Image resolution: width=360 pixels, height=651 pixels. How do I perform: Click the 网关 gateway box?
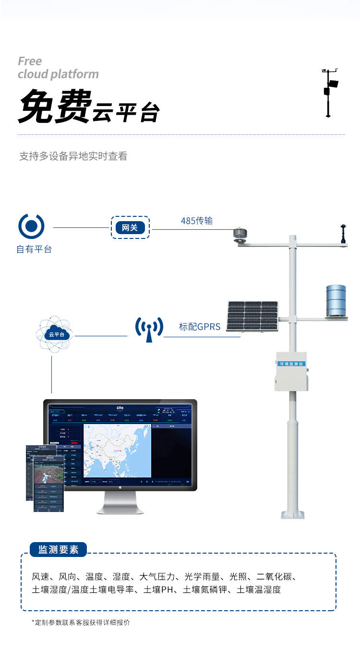point(130,227)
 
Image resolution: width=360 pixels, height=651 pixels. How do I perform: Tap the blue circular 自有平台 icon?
point(31,226)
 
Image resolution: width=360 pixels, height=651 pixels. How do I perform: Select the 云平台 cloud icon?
point(53,334)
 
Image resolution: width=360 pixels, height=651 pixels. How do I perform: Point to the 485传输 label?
point(196,221)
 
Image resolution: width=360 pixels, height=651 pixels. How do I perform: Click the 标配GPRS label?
point(200,327)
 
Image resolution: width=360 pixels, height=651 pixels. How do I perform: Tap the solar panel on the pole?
point(252,316)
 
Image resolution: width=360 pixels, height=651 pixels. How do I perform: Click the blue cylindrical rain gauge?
point(336,301)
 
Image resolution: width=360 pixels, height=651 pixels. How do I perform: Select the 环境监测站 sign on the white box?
point(291,364)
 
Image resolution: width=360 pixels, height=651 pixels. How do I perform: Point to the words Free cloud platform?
point(58,68)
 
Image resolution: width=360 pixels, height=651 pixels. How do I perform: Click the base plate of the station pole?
point(293,515)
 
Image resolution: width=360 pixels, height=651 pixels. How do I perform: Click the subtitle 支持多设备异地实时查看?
point(73,156)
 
